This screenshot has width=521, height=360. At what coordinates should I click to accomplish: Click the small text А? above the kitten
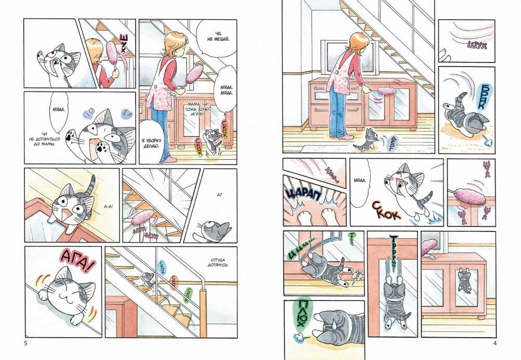click(219, 195)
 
